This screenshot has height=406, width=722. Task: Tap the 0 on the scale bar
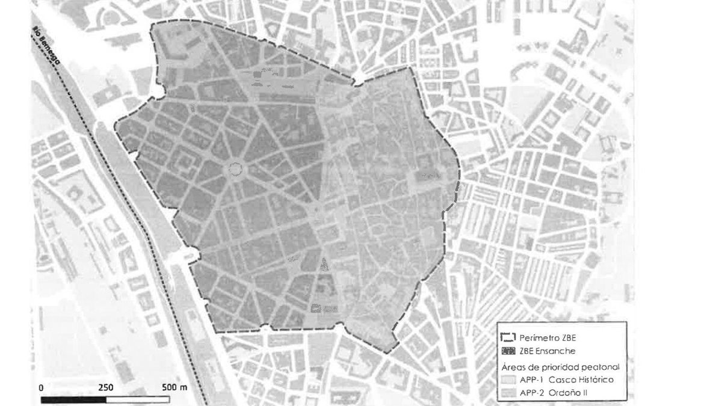coord(41,387)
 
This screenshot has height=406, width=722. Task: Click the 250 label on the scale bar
coord(106,387)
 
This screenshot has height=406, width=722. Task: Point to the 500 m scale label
coord(174,387)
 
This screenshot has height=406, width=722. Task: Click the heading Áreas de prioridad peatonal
coord(560,366)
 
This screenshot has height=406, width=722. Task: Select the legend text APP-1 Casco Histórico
coord(562,380)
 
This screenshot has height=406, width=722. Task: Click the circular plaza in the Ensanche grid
coord(235,170)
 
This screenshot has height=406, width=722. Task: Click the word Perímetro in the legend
coord(534,338)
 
